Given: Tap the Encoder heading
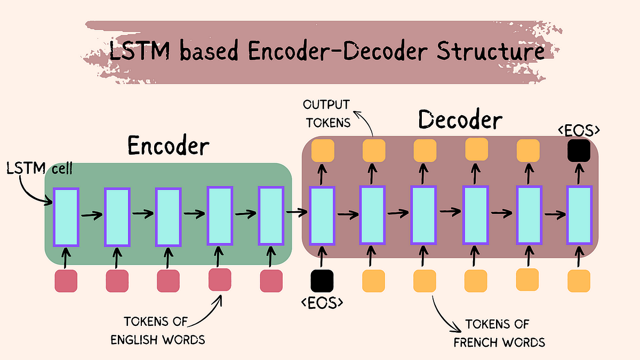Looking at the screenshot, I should tap(168, 146).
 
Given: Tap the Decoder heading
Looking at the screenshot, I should tap(460, 120).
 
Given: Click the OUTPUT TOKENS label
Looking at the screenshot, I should tap(326, 113).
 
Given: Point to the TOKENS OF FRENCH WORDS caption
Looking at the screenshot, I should tap(499, 333).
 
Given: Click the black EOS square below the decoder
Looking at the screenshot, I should tap(322, 281).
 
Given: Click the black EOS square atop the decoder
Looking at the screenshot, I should tap(579, 150).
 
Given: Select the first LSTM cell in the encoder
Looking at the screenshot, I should tap(66, 217).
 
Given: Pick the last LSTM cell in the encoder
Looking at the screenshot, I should tap(271, 215).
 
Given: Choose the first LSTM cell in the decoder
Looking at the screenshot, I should tap(322, 216).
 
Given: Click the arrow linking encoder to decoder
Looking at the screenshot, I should tap(297, 213).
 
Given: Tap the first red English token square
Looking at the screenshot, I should tap(66, 281).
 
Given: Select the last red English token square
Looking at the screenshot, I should tap(271, 281).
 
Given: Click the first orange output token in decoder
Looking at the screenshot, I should tap(323, 150).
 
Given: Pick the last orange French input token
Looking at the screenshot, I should tap(579, 281).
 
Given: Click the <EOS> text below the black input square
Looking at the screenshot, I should tap(322, 302).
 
